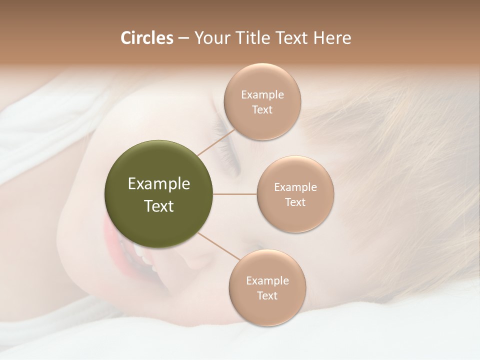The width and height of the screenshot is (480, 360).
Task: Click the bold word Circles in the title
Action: pyautogui.click(x=146, y=38)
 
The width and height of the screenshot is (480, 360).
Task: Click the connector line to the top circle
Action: pyautogui.click(x=216, y=141)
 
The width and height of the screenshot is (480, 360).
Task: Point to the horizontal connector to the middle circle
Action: pyautogui.click(x=235, y=194)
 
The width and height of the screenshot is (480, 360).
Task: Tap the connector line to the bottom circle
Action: pyautogui.click(x=218, y=246)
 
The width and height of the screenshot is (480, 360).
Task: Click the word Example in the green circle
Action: pyautogui.click(x=159, y=184)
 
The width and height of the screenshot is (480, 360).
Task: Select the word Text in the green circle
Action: pyautogui.click(x=159, y=206)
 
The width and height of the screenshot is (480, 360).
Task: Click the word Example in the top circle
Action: pyautogui.click(x=262, y=95)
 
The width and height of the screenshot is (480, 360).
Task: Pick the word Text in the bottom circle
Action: pyautogui.click(x=267, y=296)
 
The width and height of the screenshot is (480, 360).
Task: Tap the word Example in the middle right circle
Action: pyautogui.click(x=295, y=187)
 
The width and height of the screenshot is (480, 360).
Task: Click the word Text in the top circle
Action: pyautogui.click(x=262, y=110)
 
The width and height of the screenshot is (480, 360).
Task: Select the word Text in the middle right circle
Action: pyautogui.click(x=295, y=202)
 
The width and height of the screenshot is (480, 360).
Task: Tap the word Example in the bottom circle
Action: pyautogui.click(x=267, y=281)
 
